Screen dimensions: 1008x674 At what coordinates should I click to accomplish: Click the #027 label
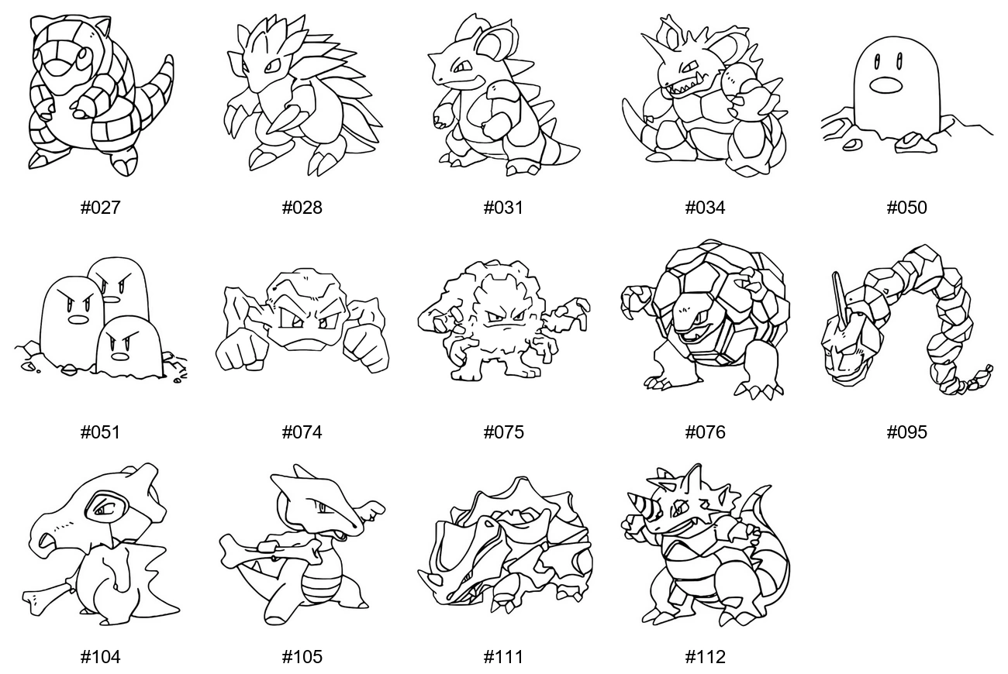coord(100,208)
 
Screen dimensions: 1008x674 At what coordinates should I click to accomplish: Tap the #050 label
coord(906,208)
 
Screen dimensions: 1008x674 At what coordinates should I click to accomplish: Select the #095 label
coord(906,432)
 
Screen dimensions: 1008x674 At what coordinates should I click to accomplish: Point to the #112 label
coord(705,657)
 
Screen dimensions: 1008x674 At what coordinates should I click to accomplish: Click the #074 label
coord(302,432)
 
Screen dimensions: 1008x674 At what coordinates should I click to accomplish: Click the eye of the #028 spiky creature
coord(273,67)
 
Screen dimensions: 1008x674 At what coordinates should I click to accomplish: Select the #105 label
coord(302,657)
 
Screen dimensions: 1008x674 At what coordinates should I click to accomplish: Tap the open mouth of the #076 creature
coord(691,335)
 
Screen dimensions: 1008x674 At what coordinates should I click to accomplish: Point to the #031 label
coord(503,208)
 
